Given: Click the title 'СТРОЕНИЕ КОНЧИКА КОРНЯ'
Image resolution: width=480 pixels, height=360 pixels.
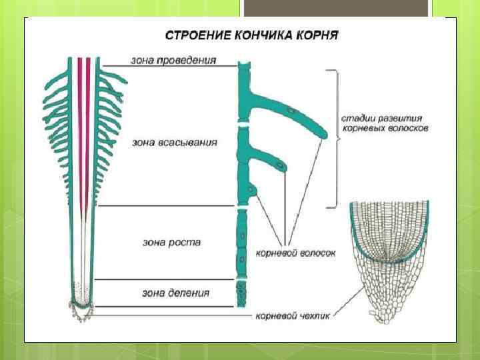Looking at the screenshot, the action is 251,34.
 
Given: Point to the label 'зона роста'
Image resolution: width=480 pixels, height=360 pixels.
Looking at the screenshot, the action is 171,242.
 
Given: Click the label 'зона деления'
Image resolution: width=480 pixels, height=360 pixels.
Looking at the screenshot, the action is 175,293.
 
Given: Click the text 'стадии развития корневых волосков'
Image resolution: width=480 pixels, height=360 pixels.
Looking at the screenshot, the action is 385,122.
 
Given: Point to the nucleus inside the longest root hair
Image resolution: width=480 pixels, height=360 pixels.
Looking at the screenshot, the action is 289,109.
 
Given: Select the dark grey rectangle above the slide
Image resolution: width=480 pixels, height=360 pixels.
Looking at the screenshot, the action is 335,8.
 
